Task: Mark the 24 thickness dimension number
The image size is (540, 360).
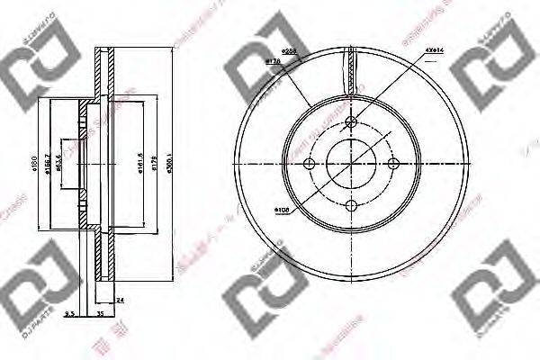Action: tap(119, 301)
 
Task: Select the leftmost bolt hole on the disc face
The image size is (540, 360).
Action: tap(310, 164)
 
